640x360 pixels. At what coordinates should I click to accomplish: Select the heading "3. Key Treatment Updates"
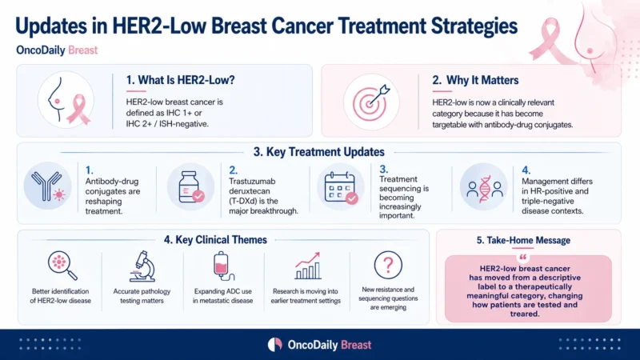point(318,152)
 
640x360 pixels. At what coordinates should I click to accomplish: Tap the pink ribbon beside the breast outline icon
point(78,108)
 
